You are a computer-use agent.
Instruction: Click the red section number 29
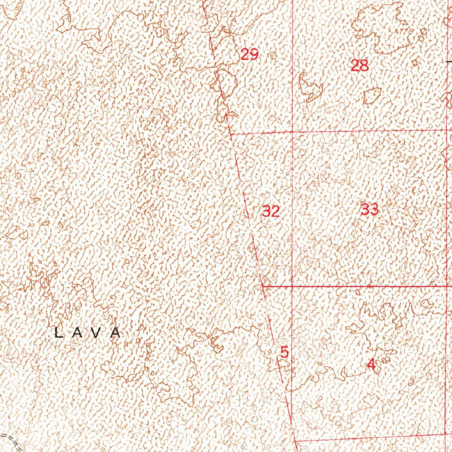tap(249, 55)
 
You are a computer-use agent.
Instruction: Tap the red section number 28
tap(359, 66)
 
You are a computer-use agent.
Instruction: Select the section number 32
tap(271, 211)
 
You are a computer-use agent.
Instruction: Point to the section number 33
tap(369, 209)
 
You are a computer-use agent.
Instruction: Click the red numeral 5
tap(284, 352)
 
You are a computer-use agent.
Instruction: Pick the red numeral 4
tap(371, 365)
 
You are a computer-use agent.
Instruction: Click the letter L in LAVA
tap(58, 333)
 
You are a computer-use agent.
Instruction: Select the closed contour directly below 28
tap(372, 95)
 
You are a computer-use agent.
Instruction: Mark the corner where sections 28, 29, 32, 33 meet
tap(293, 132)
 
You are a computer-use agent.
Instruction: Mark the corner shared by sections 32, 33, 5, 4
tap(293, 286)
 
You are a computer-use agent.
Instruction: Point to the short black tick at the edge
tap(449, 62)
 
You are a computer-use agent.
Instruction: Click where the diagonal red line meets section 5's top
tap(263, 286)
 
